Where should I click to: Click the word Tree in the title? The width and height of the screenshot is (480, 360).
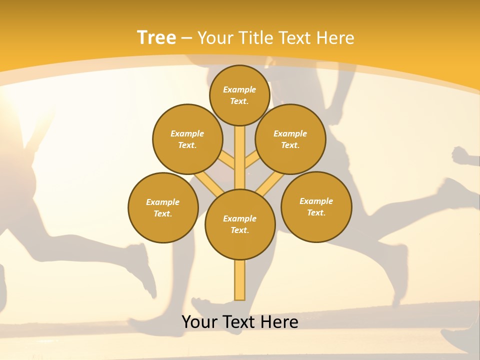tap(156, 37)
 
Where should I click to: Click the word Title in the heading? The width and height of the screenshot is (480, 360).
tap(256, 37)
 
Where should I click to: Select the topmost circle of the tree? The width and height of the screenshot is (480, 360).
tap(239, 95)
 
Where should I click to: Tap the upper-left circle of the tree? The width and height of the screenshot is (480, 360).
tap(187, 139)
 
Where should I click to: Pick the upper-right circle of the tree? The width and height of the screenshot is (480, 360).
tap(290, 139)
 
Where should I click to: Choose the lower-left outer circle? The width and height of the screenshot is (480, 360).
tap(163, 207)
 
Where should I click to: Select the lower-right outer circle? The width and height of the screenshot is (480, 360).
tap(316, 206)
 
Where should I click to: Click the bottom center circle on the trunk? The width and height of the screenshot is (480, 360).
tap(240, 224)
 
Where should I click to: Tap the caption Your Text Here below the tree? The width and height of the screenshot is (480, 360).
tap(240, 322)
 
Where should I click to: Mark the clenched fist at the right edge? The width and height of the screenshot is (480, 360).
tap(462, 155)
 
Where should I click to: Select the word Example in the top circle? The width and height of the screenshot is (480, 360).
tap(239, 89)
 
